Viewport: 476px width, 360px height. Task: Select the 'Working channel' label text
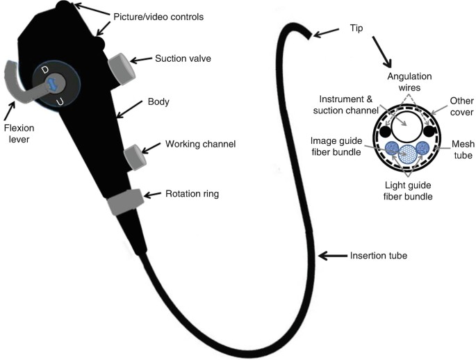[201, 145]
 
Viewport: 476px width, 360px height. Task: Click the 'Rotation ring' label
[191, 194]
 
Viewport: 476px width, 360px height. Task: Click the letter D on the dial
[45, 70]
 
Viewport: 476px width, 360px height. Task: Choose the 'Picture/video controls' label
[159, 16]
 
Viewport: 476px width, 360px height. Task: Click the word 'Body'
[159, 101]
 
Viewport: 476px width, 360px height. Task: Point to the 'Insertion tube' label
[378, 256]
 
